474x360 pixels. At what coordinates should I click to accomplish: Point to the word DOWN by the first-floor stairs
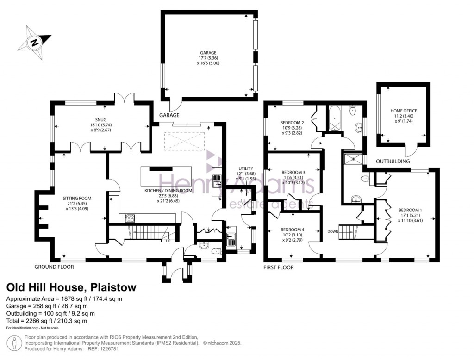[x=332, y=231]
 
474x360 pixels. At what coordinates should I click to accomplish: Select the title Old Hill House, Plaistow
[x=71, y=288]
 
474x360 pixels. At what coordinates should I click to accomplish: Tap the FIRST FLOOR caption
[x=278, y=267]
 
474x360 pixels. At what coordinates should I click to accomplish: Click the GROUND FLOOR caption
[x=54, y=267]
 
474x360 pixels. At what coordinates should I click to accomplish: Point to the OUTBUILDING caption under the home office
[x=393, y=161]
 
